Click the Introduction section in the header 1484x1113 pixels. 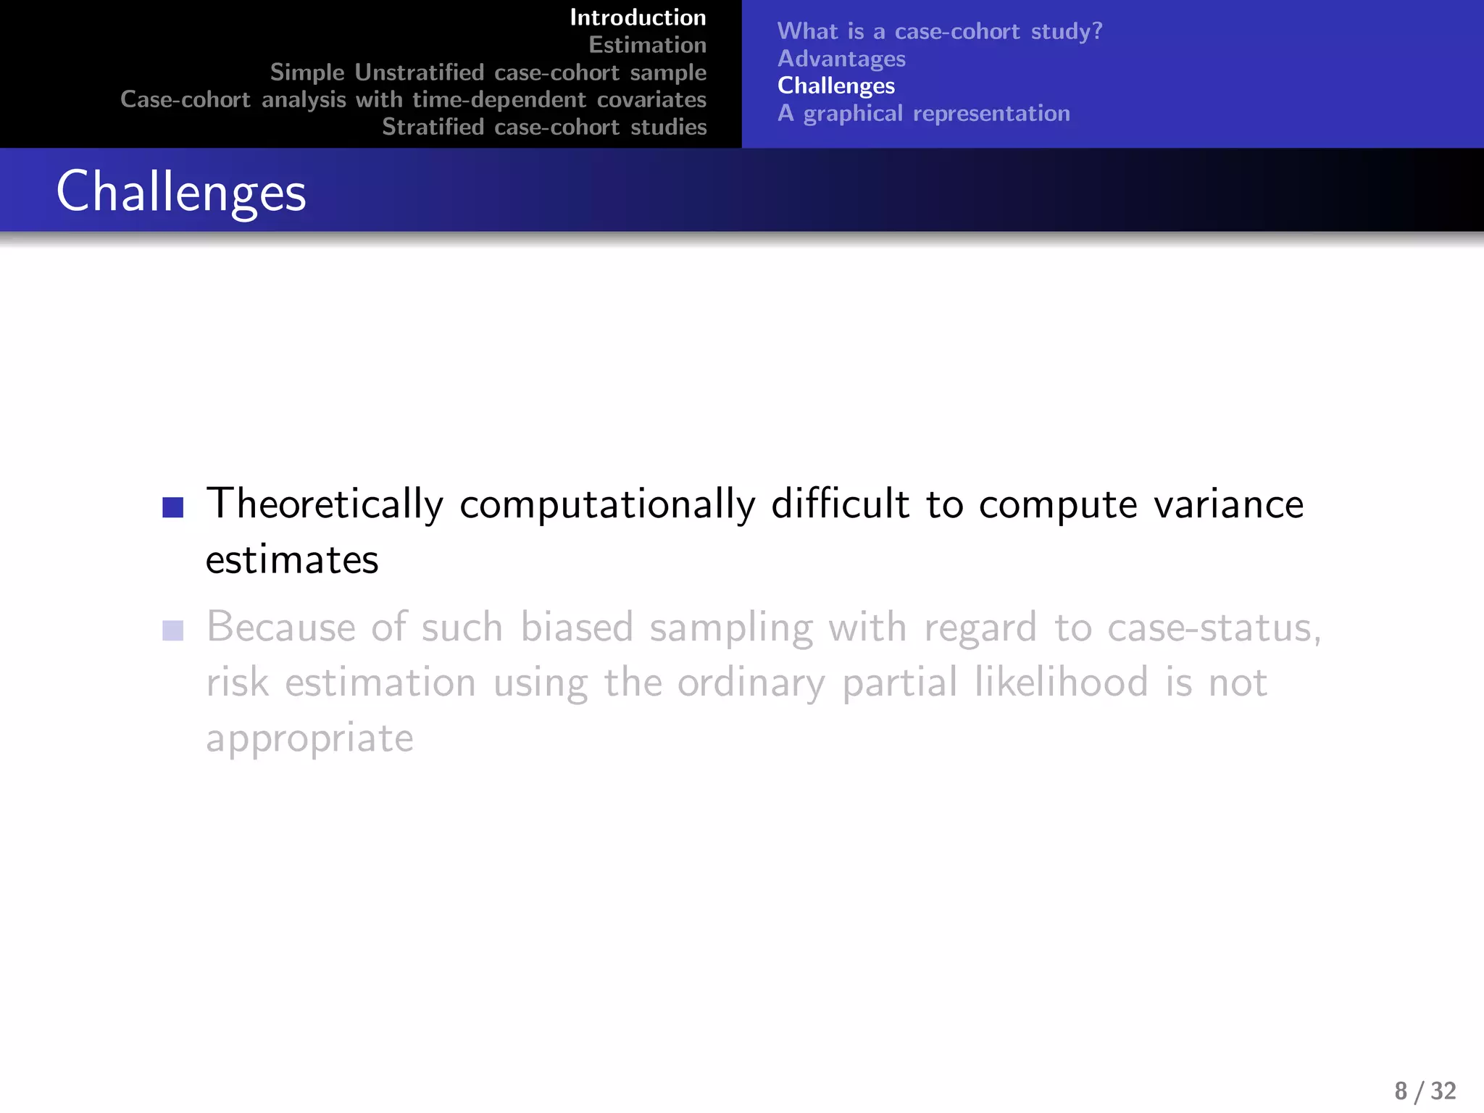pos(638,17)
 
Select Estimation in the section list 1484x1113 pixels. pos(647,45)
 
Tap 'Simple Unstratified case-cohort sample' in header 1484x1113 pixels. pos(488,72)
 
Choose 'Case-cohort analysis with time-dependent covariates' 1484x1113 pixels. pos(413,99)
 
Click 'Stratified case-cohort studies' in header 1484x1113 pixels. pos(544,127)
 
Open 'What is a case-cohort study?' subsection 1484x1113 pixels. pos(939,31)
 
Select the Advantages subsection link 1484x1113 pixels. pos(841,59)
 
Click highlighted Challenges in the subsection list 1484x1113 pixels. pos(835,86)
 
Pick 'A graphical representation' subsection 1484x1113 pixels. pos(923,113)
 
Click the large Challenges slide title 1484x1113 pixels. pos(181,191)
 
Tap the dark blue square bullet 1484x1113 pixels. pos(173,507)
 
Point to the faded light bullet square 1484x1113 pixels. pos(173,630)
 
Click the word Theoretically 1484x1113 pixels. pos(325,504)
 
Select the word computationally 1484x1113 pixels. pos(607,506)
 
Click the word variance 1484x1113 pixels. pos(1228,504)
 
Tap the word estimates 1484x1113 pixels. pos(292,560)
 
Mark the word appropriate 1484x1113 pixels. pos(309,739)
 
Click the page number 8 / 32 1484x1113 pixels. pos(1425,1091)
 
